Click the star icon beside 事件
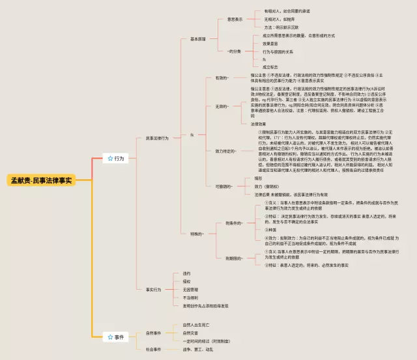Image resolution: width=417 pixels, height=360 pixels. pyautogui.click(x=110, y=337)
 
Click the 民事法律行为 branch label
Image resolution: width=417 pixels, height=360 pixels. pyautogui.click(x=157, y=138)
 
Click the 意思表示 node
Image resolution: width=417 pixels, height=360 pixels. pyautogui.click(x=234, y=20)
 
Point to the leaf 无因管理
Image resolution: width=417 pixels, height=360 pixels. pyautogui.click(x=190, y=290)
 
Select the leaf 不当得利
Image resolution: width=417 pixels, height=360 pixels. pyautogui.click(x=190, y=298)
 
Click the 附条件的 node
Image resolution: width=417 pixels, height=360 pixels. pyautogui.click(x=233, y=223)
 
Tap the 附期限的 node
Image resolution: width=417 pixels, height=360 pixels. pyautogui.click(x=233, y=258)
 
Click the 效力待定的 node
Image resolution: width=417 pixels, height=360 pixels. pyautogui.click(x=225, y=150)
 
